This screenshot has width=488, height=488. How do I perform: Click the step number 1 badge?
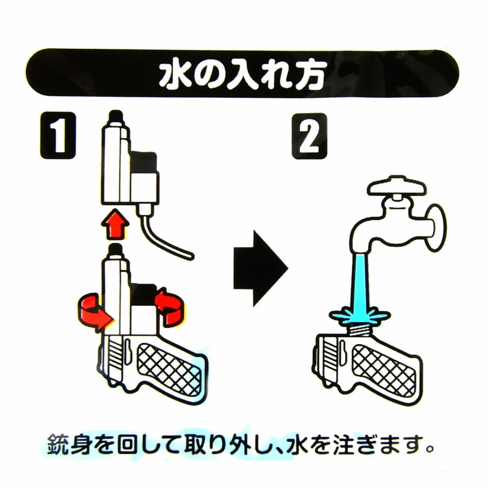[58, 136]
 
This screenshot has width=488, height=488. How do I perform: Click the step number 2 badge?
[309, 136]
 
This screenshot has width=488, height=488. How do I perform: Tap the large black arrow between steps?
[261, 268]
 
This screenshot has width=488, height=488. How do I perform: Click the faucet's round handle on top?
[398, 186]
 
